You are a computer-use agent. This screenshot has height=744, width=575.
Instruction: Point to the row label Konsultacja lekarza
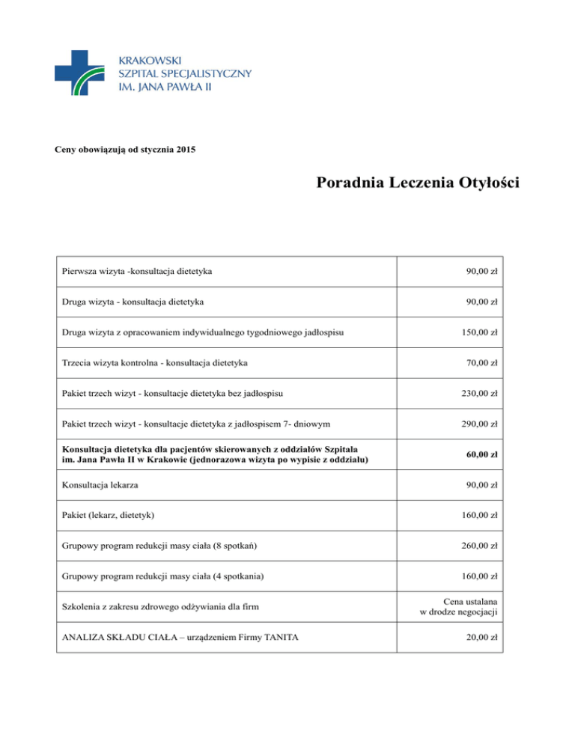tap(100, 484)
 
